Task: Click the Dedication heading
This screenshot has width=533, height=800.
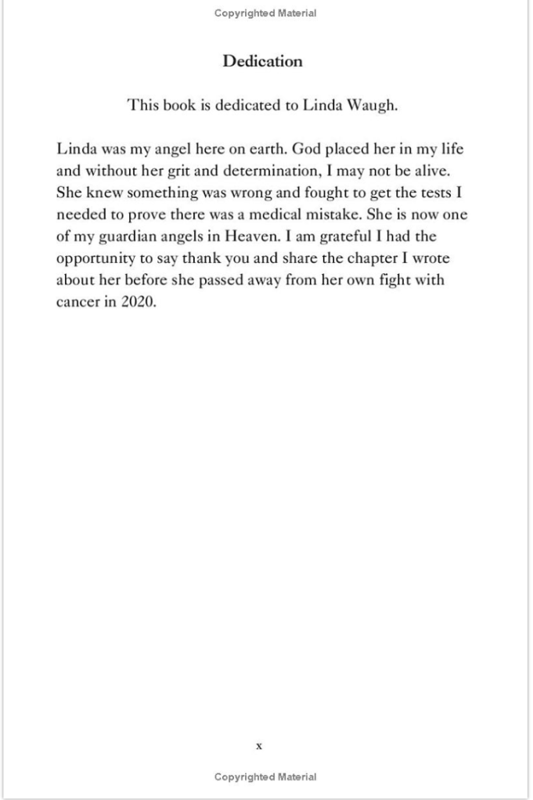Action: point(262,61)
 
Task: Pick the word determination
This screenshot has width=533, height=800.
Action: point(272,171)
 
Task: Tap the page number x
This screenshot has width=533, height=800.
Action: point(259,746)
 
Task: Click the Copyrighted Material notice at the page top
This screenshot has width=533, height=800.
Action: point(265,13)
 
